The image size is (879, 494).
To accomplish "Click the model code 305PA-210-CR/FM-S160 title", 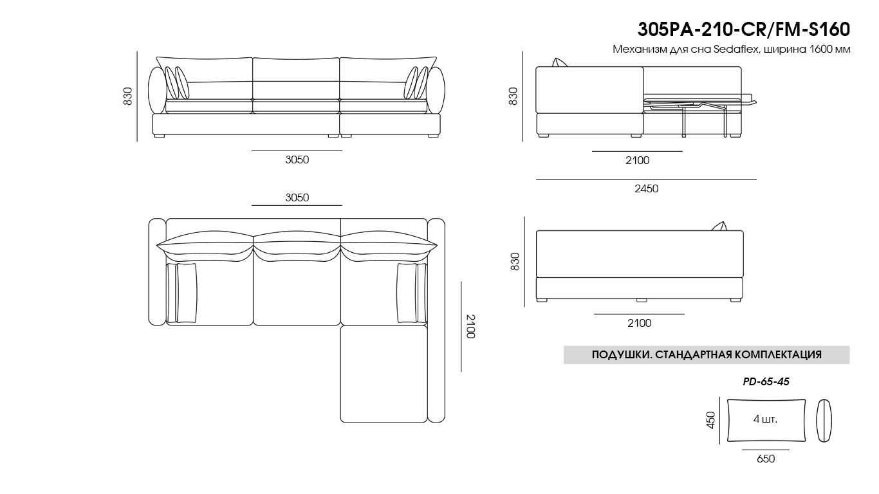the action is tap(744, 30).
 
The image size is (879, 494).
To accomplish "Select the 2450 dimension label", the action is tap(646, 188).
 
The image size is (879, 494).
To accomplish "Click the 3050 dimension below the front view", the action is tap(297, 160).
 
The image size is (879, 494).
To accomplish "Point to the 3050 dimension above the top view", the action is tap(297, 197).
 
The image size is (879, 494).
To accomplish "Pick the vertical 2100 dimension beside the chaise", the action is tap(470, 327).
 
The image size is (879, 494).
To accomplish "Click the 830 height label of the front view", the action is tap(128, 96).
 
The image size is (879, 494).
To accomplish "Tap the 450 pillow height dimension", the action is tap(710, 420).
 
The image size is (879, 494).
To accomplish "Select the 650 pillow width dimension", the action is tap(766, 459).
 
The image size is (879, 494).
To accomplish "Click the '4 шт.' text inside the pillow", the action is tap(765, 419).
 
